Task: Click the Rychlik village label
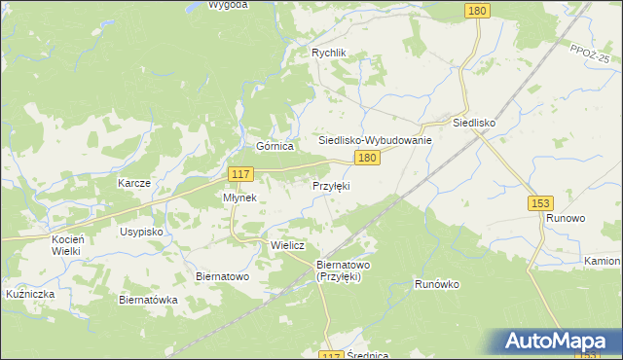[328, 54]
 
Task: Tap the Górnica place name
[275, 146]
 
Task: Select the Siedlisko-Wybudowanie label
[375, 140]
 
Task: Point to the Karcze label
[133, 183]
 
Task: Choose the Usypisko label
[141, 233]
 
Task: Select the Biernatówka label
[148, 300]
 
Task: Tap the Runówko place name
[436, 284]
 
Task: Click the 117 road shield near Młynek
[241, 174]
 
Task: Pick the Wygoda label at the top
[229, 4]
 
